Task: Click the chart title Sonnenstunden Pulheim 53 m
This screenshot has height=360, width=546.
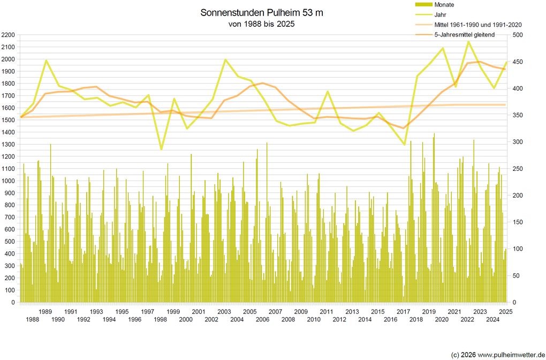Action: tap(262, 12)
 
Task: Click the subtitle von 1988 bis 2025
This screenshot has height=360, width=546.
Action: tap(262, 24)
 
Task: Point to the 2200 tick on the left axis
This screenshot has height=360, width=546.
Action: tap(9, 35)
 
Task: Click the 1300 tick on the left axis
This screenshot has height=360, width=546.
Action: tap(9, 144)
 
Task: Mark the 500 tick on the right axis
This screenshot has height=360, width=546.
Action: tap(518, 35)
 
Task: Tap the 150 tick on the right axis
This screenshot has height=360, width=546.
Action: tap(518, 222)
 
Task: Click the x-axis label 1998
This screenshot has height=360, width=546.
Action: tap(160, 319)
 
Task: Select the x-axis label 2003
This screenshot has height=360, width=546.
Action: tap(224, 311)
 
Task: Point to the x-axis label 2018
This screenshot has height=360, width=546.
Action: tap(416, 319)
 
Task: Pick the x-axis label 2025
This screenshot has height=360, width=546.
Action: tap(506, 311)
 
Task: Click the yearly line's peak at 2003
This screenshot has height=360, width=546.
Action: tap(225, 59)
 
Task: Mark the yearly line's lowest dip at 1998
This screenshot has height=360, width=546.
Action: tap(161, 149)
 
